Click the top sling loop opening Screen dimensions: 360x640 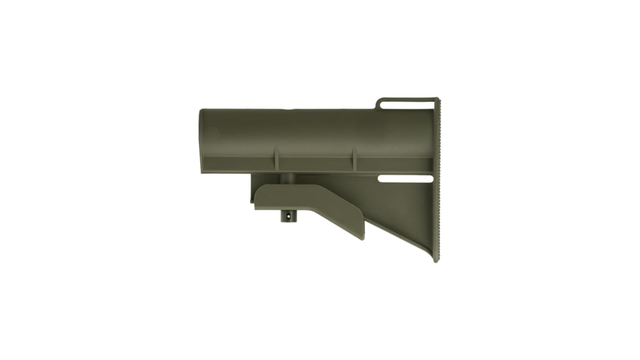[407, 104]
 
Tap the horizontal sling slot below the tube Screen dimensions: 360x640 [405, 179]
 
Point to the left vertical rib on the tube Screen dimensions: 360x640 [276, 160]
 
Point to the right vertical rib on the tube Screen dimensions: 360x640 [354, 160]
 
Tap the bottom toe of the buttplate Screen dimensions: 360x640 [436, 258]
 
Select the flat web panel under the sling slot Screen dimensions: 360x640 [406, 209]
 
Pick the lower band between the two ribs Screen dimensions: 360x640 [315, 164]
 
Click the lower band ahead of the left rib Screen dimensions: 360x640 [239, 164]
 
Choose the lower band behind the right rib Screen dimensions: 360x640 [393, 164]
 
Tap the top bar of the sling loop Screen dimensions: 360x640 [407, 99]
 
